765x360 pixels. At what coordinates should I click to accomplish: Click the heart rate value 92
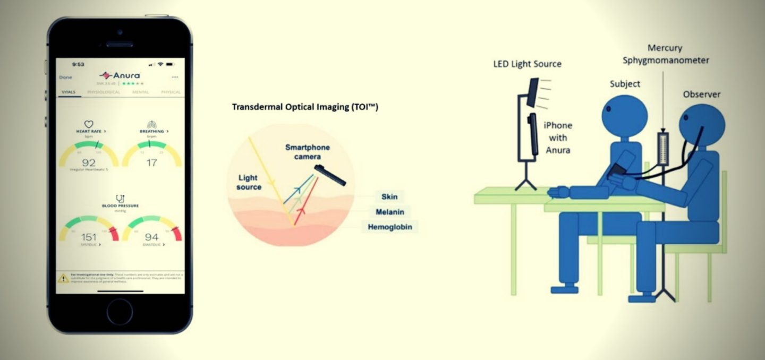pos(88,162)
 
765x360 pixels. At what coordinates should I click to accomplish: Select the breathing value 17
pos(151,162)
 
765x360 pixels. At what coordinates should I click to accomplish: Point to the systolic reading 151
pos(88,237)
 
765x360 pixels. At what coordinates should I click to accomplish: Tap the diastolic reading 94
pos(151,237)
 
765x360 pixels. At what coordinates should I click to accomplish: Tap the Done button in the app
pos(65,78)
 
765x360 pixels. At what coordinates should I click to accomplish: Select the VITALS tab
pos(69,92)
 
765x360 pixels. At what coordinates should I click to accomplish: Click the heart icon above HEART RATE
pos(89,124)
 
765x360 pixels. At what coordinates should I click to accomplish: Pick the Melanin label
pos(390,212)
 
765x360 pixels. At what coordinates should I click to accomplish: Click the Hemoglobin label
pos(390,227)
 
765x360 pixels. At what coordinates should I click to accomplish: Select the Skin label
pos(389,197)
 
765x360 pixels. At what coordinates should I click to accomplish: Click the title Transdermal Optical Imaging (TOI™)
pos(305,107)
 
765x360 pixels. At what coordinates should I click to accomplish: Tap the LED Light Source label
pos(527,64)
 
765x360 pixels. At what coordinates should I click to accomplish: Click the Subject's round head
pos(624,114)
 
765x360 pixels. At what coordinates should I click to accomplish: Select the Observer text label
pos(701,95)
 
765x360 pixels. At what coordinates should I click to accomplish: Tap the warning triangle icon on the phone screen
pos(64,278)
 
